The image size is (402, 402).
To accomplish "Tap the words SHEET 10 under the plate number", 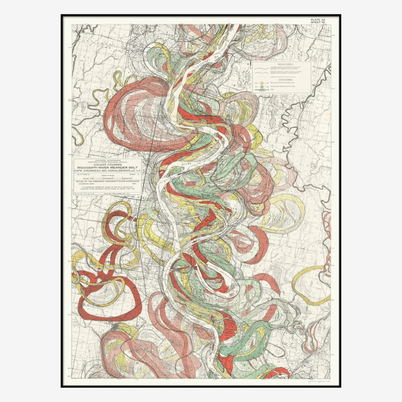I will click(x=320, y=23).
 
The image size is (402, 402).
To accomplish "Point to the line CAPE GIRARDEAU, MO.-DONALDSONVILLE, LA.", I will click(x=108, y=171).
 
